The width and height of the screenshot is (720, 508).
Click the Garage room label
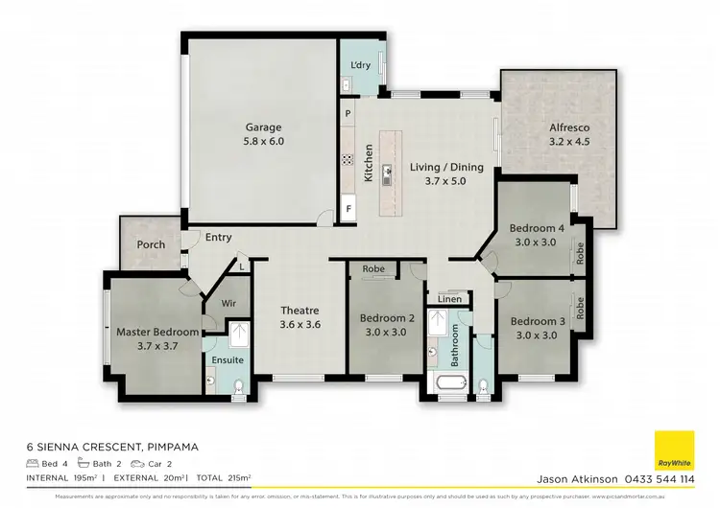[263, 127]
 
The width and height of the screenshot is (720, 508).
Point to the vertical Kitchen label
[369, 164]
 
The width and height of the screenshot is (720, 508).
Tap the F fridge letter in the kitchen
[348, 207]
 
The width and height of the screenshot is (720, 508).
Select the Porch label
[151, 244]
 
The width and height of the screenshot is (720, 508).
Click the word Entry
[218, 238]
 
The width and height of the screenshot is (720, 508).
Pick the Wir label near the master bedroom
[228, 303]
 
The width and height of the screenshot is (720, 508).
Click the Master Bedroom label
[157, 332]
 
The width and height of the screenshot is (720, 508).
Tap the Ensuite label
[228, 360]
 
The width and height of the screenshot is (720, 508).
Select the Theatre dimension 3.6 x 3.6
[299, 324]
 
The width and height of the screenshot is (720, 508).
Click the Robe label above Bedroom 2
[373, 269]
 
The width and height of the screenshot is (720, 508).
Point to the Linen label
[449, 300]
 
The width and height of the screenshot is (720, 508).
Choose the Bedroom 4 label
[537, 228]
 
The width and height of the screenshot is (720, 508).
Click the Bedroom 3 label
[537, 321]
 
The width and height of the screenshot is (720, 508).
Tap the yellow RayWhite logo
[674, 450]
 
